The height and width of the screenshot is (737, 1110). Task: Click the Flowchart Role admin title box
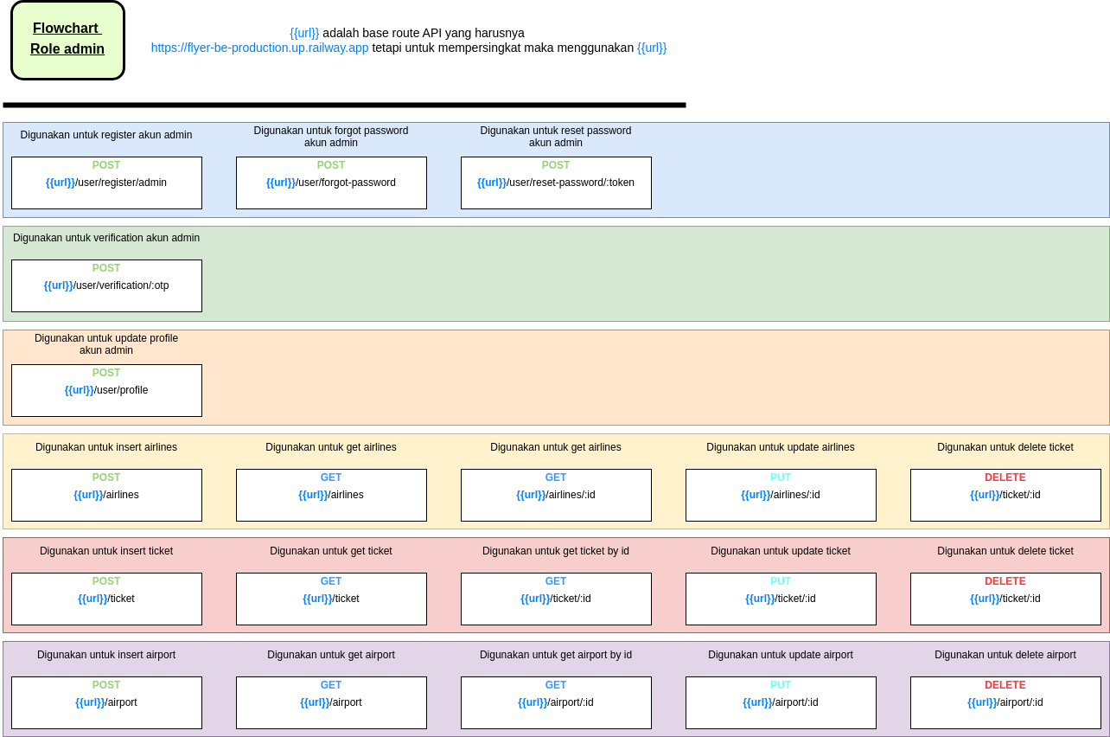(67, 40)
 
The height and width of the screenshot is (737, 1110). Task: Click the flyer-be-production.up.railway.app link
(259, 48)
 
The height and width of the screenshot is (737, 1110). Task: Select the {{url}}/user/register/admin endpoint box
(106, 183)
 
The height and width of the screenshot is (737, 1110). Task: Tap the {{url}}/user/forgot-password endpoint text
(331, 183)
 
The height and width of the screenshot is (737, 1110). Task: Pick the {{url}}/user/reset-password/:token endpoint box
(556, 183)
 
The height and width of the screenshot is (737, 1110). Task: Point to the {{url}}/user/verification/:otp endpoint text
(106, 285)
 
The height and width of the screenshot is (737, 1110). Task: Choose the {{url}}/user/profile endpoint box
(106, 390)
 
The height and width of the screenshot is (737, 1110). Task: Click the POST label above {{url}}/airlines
(106, 477)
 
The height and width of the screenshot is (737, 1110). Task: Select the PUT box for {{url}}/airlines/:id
(781, 495)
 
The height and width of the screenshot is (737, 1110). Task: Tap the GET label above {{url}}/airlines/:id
(556, 477)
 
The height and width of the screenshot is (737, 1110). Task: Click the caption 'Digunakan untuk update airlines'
(781, 447)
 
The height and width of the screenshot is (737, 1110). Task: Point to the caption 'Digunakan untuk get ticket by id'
(556, 551)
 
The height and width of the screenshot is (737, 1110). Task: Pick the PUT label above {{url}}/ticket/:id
(781, 581)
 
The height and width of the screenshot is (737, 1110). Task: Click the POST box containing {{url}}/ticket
(106, 599)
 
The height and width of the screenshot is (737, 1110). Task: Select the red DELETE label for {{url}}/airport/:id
(1005, 685)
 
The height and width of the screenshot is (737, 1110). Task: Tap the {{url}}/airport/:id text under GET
(556, 702)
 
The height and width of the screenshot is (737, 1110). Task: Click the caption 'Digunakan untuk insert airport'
(106, 655)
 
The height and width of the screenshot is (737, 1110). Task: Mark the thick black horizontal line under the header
(344, 106)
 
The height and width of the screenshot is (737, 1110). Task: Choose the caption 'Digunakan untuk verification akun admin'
(106, 238)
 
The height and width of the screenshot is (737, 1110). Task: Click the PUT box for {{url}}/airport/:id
(781, 702)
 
